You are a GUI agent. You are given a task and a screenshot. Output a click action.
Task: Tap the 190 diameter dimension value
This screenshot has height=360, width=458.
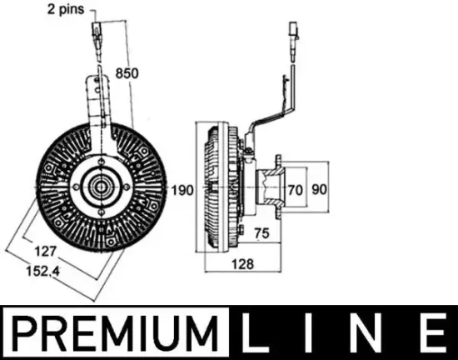point(182,190)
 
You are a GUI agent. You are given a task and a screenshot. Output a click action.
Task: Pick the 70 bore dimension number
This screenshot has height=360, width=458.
point(294,190)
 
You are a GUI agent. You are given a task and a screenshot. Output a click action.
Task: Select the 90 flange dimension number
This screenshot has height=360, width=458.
point(320,190)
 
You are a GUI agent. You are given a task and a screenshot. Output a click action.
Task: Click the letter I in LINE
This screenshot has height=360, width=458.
point(312,332)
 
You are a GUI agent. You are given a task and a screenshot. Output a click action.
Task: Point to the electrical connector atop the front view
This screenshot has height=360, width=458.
point(97,37)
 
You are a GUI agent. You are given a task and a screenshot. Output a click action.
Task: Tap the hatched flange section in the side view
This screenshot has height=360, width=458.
point(272,189)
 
